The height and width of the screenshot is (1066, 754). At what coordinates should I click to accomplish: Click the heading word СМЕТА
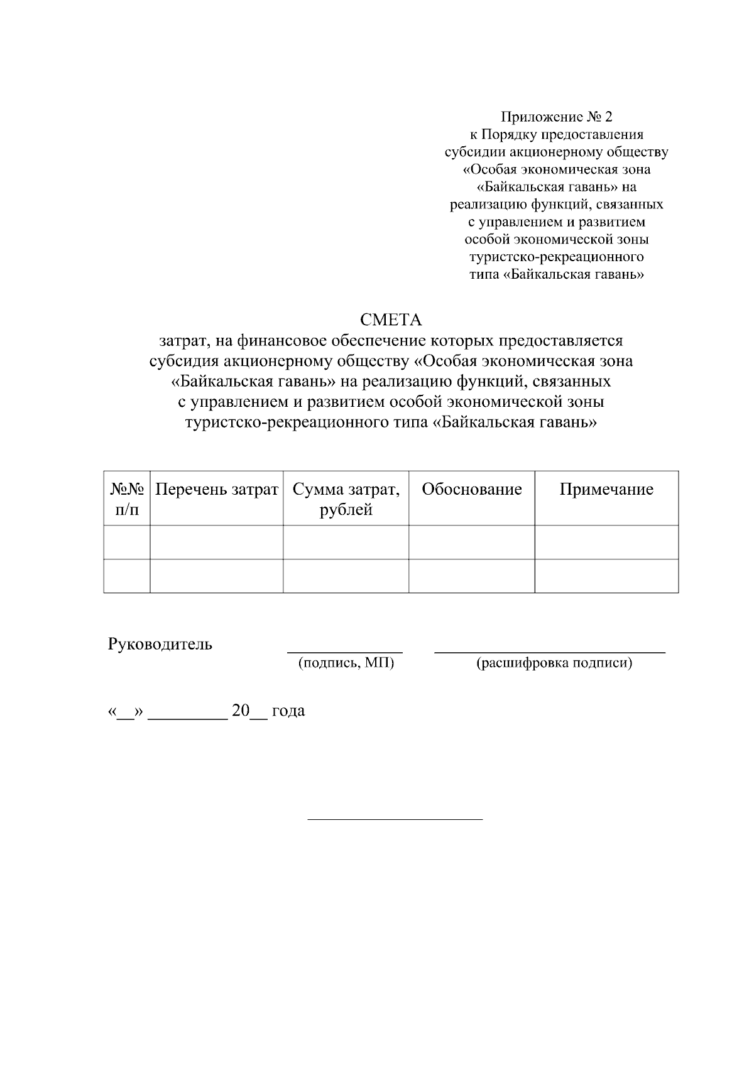(391, 320)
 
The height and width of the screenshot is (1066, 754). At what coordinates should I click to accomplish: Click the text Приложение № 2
(556, 117)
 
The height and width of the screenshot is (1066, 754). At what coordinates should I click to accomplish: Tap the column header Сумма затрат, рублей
(346, 499)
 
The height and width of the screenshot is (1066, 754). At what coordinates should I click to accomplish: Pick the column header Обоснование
(471, 490)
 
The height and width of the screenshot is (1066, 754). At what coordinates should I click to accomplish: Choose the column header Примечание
(606, 490)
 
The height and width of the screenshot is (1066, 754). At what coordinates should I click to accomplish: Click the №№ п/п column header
(127, 499)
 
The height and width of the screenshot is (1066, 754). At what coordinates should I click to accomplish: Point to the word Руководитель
(160, 644)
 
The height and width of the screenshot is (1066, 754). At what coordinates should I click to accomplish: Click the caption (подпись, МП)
(346, 663)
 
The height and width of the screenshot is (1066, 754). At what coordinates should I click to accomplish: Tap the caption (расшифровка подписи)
(554, 663)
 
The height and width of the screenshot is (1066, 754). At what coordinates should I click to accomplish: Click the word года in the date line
(288, 711)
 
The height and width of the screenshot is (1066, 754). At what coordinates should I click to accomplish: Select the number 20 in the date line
(241, 711)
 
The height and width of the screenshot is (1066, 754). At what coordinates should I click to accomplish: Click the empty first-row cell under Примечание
(606, 542)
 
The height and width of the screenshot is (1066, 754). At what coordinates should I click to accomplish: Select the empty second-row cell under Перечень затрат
(216, 576)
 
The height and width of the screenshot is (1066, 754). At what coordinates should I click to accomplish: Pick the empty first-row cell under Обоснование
(471, 542)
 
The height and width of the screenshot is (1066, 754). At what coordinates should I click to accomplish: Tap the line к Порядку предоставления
(556, 134)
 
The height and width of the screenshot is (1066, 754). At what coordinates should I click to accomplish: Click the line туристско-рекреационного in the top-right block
(556, 257)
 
